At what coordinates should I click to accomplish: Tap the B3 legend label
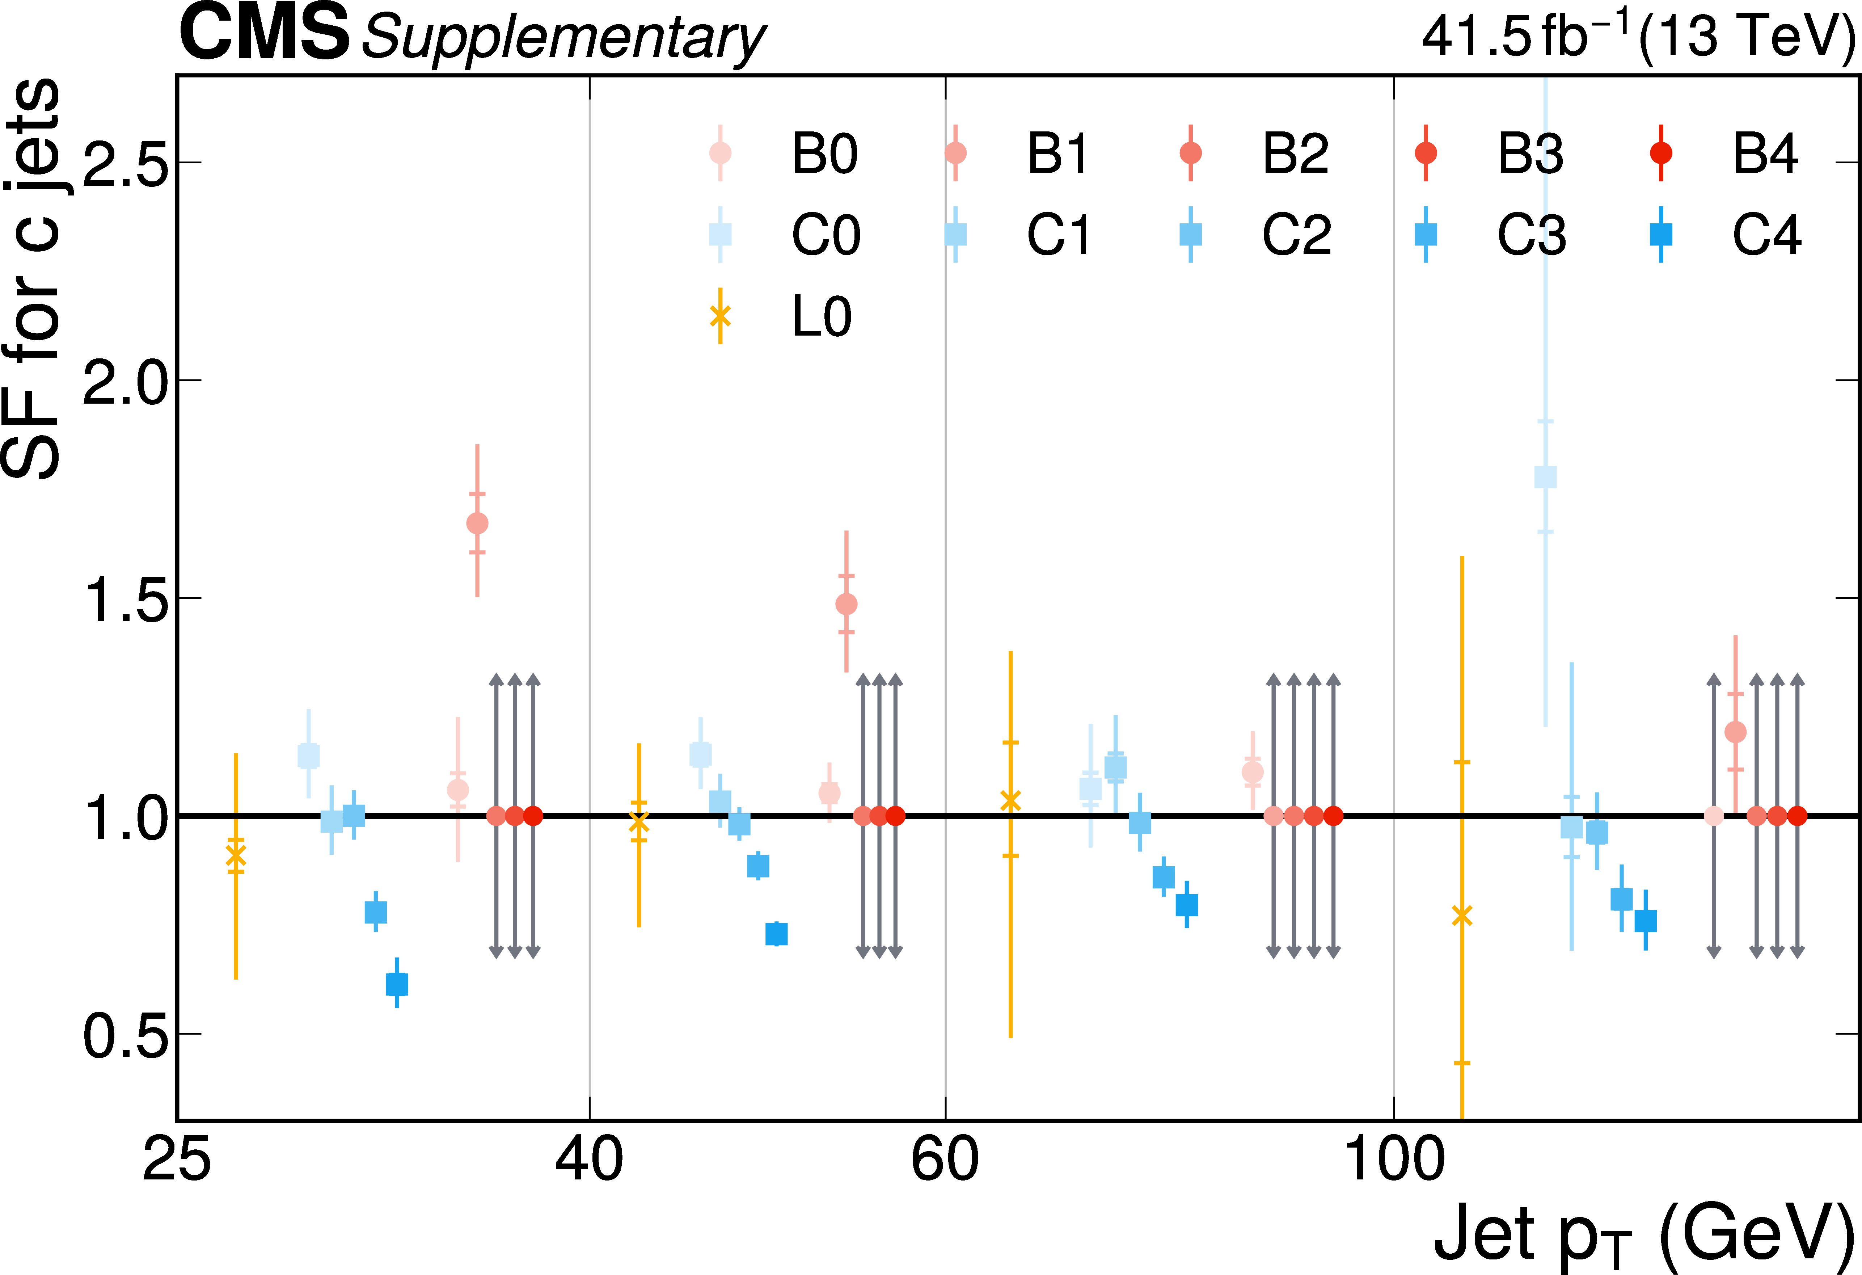1530,153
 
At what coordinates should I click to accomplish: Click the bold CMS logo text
265,34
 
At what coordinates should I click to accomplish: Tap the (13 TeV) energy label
1747,36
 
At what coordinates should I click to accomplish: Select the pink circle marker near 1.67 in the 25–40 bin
477,523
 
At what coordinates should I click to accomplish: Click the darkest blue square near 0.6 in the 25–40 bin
397,984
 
